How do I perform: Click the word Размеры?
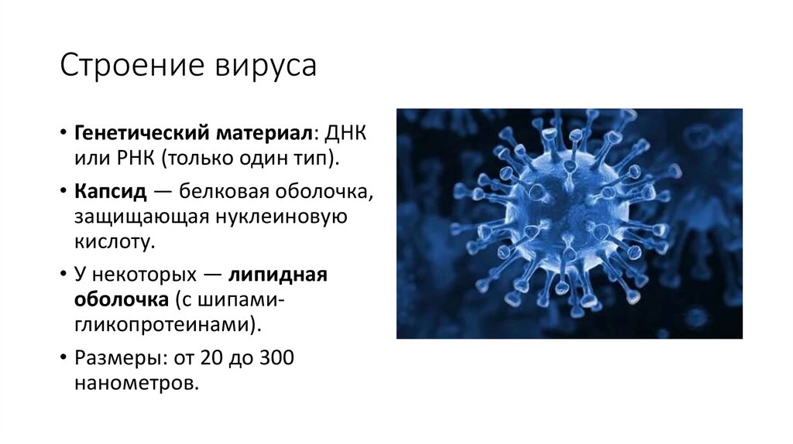click(112, 358)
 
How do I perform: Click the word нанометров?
click(136, 383)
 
